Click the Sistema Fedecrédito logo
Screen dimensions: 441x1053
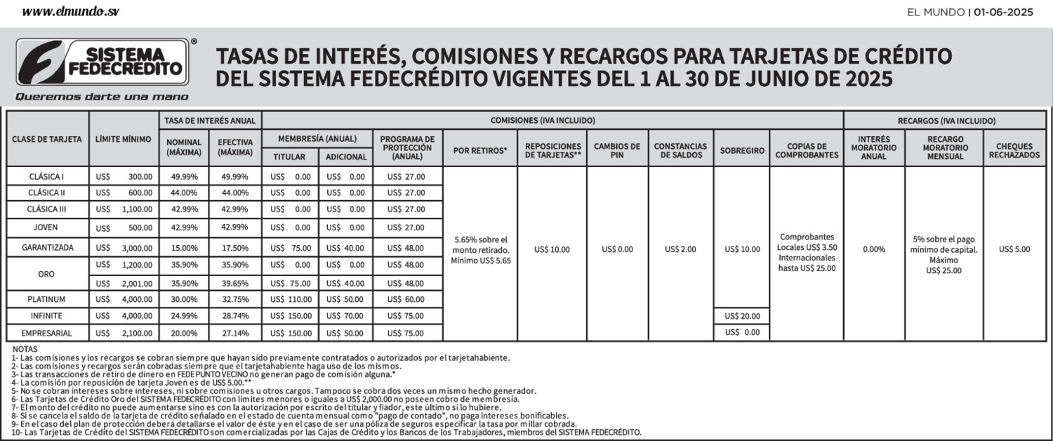point(102,62)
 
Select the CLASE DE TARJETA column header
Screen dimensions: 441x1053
point(47,139)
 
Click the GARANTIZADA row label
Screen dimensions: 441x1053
point(47,248)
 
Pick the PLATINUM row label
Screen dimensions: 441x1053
point(47,299)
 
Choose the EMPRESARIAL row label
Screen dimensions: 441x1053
point(47,333)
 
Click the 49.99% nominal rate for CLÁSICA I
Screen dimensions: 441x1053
point(185,176)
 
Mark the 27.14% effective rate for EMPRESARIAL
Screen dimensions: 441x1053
point(234,333)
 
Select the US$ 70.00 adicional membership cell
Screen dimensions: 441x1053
point(345,316)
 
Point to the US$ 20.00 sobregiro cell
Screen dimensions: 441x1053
point(742,316)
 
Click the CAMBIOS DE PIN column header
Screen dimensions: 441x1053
point(617,151)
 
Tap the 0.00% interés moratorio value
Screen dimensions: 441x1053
point(873,249)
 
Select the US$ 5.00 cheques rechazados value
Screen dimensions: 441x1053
point(1014,249)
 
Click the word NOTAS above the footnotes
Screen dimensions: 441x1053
point(25,349)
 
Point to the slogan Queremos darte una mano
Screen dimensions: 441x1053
point(102,97)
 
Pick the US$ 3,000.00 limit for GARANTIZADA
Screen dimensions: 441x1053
point(124,248)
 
